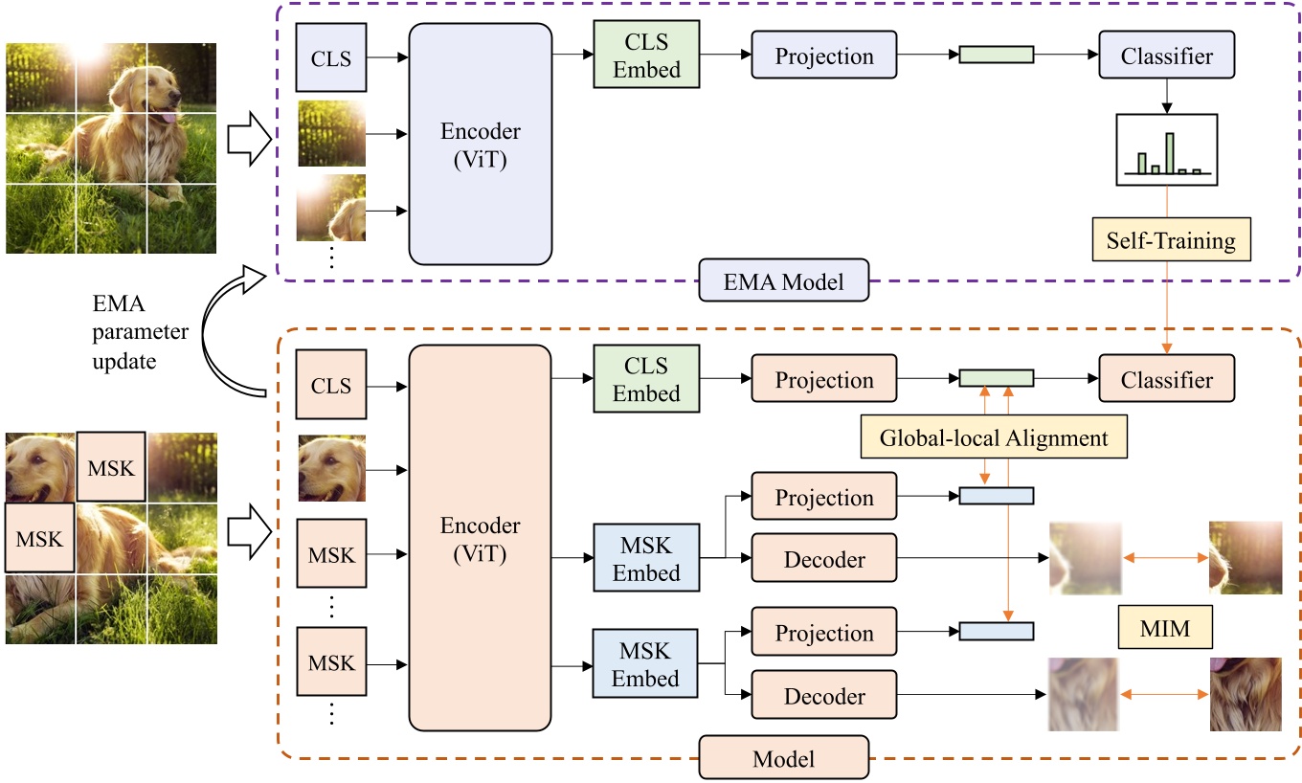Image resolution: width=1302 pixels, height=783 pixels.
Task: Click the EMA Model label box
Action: pos(784,282)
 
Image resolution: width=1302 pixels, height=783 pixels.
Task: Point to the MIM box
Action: pos(1165,629)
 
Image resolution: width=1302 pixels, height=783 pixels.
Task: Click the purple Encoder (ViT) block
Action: pos(481,144)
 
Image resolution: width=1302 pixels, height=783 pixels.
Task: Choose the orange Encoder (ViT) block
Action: pos(481,538)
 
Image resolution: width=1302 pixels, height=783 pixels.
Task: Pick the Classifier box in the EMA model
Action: pos(1167,56)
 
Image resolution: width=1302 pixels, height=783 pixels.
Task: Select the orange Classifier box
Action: pos(1167,379)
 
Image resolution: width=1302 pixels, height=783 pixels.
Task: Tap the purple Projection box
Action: pos(824,56)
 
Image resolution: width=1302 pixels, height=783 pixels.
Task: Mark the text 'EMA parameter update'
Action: pos(134,333)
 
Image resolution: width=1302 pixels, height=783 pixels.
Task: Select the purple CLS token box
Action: pos(331,57)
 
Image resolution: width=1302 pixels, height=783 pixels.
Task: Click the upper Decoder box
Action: pos(824,559)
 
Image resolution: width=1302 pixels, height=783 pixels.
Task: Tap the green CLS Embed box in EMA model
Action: pos(646,56)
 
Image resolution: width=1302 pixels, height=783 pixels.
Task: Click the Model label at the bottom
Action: pos(784,758)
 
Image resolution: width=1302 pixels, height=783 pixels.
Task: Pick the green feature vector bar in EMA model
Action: pos(997,56)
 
